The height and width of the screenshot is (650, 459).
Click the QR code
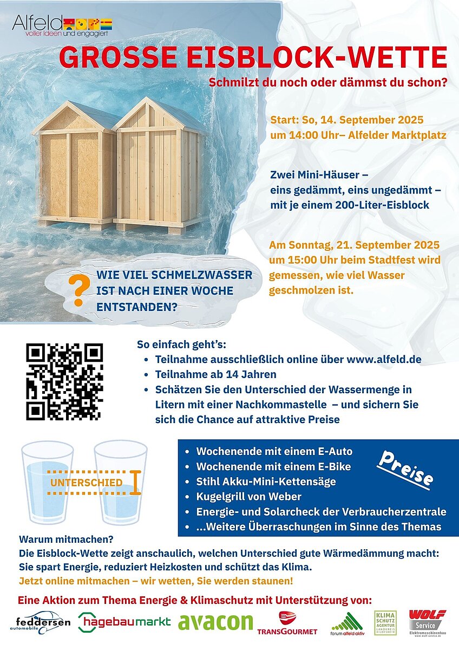click(x=64, y=382)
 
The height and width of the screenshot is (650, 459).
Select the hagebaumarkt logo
click(x=124, y=622)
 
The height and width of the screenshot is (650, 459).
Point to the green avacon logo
click(x=215, y=622)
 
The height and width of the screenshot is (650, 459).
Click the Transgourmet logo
click(x=287, y=623)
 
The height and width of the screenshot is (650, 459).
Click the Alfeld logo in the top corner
click(x=61, y=25)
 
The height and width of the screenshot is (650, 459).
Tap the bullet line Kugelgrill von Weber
click(x=249, y=496)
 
